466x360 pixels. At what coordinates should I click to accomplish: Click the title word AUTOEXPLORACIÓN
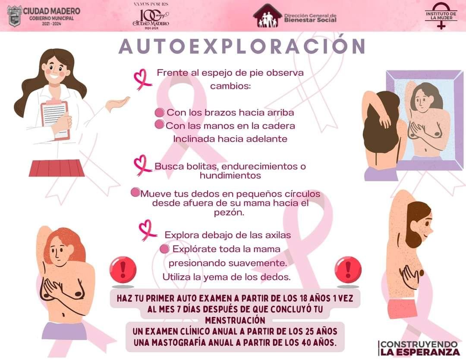click(242, 46)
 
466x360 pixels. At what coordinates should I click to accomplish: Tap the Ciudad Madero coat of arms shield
click(15, 16)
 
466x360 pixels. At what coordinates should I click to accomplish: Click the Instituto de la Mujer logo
click(441, 16)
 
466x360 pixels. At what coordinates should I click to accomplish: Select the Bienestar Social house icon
click(268, 16)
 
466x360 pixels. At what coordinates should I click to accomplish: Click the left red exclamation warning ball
click(123, 270)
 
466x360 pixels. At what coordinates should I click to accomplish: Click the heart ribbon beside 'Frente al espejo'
click(142, 79)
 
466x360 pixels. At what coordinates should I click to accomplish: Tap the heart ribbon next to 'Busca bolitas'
click(142, 165)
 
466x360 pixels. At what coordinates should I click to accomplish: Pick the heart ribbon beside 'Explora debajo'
click(147, 230)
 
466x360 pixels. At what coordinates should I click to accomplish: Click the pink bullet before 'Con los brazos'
click(160, 112)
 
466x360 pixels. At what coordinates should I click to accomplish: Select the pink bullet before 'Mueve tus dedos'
click(135, 193)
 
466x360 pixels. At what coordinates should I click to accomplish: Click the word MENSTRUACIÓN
click(235, 320)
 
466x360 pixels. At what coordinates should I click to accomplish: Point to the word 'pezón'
click(229, 213)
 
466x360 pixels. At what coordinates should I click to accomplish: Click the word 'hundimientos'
click(230, 175)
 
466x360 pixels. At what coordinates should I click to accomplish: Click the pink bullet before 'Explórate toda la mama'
click(164, 249)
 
